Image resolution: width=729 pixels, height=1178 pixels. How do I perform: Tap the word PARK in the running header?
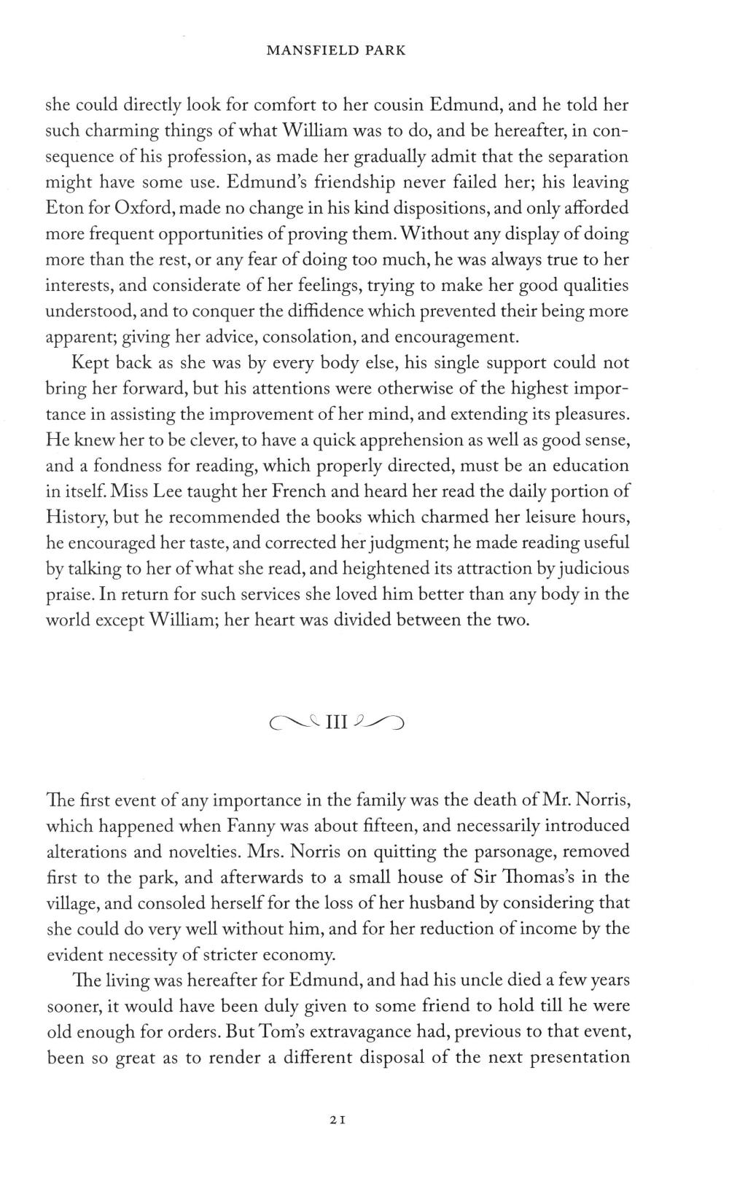(x=384, y=50)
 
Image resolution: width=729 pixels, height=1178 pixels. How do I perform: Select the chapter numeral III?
(x=337, y=722)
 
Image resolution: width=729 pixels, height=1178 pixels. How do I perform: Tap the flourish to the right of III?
(x=378, y=722)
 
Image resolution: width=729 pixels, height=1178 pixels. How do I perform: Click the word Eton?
(x=65, y=208)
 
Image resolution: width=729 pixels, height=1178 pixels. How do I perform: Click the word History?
(x=77, y=518)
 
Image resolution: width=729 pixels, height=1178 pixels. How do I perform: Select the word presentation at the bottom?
(x=580, y=1058)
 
